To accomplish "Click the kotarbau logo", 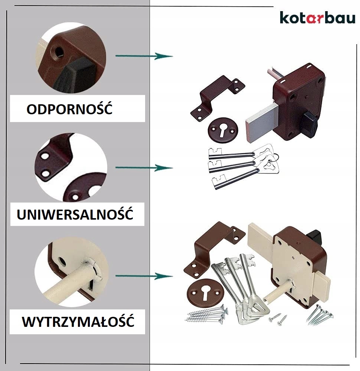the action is click(x=317, y=18).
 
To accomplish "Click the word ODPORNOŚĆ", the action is click(x=69, y=109).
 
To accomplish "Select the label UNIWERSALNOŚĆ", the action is click(x=75, y=214).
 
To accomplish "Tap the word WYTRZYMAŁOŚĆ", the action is click(x=78, y=322).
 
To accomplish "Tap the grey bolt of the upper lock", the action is click(x=261, y=122).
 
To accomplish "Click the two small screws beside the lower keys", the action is click(x=278, y=318).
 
